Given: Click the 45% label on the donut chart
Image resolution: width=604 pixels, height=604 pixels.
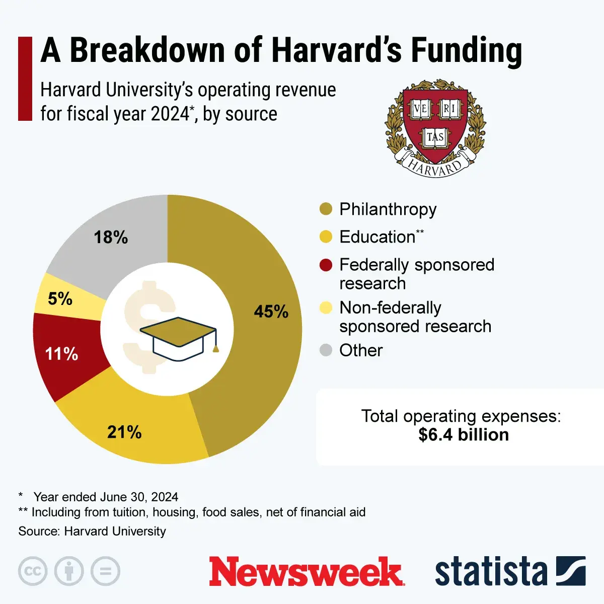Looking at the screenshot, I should coord(271,312).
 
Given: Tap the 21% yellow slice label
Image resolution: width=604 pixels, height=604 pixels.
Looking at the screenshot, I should coord(124,432).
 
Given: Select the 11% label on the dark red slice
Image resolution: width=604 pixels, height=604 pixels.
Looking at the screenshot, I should coord(61,354).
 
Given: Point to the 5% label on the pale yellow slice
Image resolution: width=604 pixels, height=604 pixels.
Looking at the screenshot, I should coord(60,299).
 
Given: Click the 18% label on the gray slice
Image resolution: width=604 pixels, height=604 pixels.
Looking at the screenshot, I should coord(111,237).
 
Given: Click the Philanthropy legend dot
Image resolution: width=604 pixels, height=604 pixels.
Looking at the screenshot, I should coord(326,209).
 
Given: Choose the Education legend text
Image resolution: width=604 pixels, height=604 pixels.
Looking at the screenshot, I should coord(377,237).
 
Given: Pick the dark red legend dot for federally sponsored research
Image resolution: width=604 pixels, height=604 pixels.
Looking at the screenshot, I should coord(326,265).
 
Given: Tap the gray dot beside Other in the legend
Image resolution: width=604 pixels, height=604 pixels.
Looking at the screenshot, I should coord(326,350).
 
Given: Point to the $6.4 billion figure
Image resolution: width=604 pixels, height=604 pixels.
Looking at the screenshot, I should coord(463,435).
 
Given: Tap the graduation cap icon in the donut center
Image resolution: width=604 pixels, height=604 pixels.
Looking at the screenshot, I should coord(179,337).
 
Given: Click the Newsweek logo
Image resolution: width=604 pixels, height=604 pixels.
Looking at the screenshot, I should coord(307,571).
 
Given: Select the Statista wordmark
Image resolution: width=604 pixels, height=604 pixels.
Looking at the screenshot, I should coord(491,572).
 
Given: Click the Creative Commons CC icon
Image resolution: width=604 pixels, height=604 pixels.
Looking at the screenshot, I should coord(33,571).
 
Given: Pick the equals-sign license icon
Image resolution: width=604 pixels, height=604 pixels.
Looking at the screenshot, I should coord(106,571).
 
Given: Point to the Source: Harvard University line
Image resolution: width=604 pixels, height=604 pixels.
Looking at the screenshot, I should coord(92,531).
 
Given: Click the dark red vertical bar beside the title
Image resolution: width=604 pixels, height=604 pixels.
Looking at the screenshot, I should coord(25,79).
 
